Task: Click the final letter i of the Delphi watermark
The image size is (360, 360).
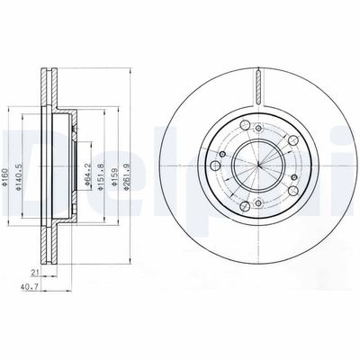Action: click(x=354, y=148)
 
